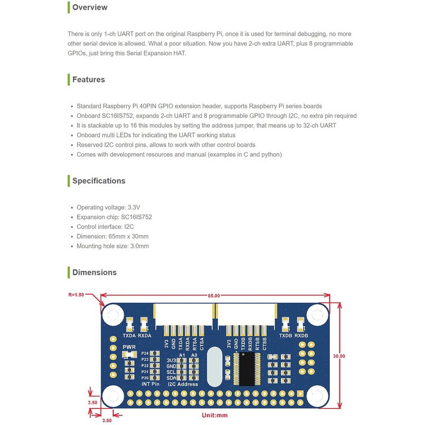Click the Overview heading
coord(89,7)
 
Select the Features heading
coord(88,80)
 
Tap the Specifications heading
coord(98,181)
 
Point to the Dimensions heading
coord(94,272)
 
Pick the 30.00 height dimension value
coord(338,355)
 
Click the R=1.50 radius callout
coord(76,294)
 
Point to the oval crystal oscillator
coord(215,367)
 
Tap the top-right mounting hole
coord(317,315)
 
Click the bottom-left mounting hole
coord(113,396)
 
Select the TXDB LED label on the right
coord(286,336)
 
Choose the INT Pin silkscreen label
coord(150,384)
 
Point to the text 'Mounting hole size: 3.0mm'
coord(113,246)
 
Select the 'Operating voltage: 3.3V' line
coord(108,207)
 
